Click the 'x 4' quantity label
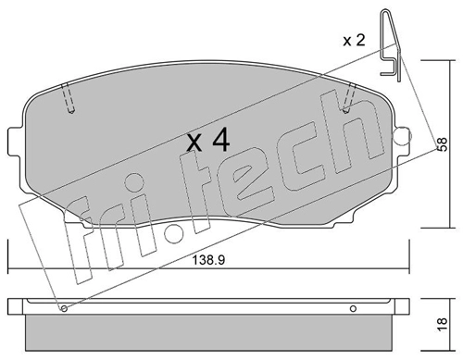coord(208,141)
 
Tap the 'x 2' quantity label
coord(354,41)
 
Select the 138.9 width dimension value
coord(208,260)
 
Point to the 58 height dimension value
coord(443,144)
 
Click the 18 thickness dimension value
coord(443,325)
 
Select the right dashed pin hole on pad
coord(349,98)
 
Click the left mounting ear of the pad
coord(16,140)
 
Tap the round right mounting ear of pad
coord(403,135)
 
